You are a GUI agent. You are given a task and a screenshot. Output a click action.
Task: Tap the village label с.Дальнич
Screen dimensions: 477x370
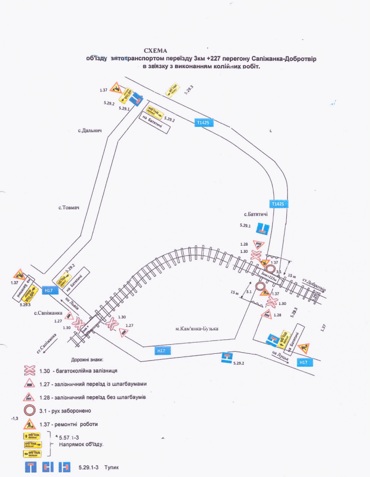(x=89, y=131)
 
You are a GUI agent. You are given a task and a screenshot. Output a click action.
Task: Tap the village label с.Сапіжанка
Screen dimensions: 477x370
(x=48, y=312)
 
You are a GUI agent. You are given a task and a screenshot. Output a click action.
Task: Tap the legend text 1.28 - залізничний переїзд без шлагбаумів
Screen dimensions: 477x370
(x=92, y=397)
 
